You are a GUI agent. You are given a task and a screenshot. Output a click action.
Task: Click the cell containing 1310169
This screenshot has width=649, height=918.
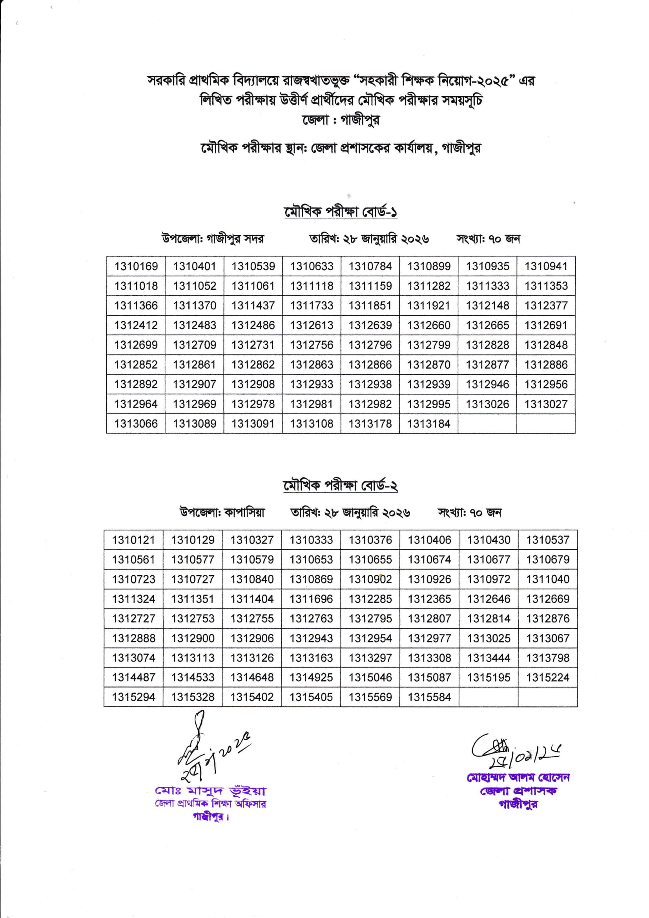pos(136,266)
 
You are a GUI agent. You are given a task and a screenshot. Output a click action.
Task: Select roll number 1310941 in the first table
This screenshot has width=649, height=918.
pos(546,266)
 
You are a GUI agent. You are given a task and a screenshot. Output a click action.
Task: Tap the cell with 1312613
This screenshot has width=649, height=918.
pos(311,325)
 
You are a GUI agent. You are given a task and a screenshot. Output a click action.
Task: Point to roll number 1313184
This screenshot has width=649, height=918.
pos(429,423)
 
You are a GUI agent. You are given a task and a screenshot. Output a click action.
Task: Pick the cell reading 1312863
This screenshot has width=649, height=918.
pos(311,364)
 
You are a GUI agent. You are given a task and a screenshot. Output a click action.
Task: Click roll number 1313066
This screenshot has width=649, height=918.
pos(136,423)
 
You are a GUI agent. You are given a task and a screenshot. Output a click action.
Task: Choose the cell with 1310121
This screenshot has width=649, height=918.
pos(133,540)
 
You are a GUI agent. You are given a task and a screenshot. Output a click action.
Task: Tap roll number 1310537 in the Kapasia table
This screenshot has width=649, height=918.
pos(547,540)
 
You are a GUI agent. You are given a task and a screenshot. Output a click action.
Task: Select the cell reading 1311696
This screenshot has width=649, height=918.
pos(311,599)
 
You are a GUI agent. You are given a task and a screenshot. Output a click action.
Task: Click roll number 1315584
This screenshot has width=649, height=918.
pos(429,697)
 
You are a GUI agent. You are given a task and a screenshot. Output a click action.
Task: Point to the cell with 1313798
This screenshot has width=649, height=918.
pos(547,658)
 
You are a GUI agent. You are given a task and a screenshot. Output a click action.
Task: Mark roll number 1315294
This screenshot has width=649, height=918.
pos(133,697)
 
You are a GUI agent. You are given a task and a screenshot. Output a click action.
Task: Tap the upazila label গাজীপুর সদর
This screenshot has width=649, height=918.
pos(235,239)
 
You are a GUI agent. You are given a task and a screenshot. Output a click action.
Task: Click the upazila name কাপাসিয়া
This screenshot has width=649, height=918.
pos(244,512)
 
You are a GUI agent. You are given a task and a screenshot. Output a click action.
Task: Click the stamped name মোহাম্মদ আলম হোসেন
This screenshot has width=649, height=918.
pos(518,778)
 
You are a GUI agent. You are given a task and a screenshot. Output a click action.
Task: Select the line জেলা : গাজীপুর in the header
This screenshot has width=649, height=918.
pos(341,120)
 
